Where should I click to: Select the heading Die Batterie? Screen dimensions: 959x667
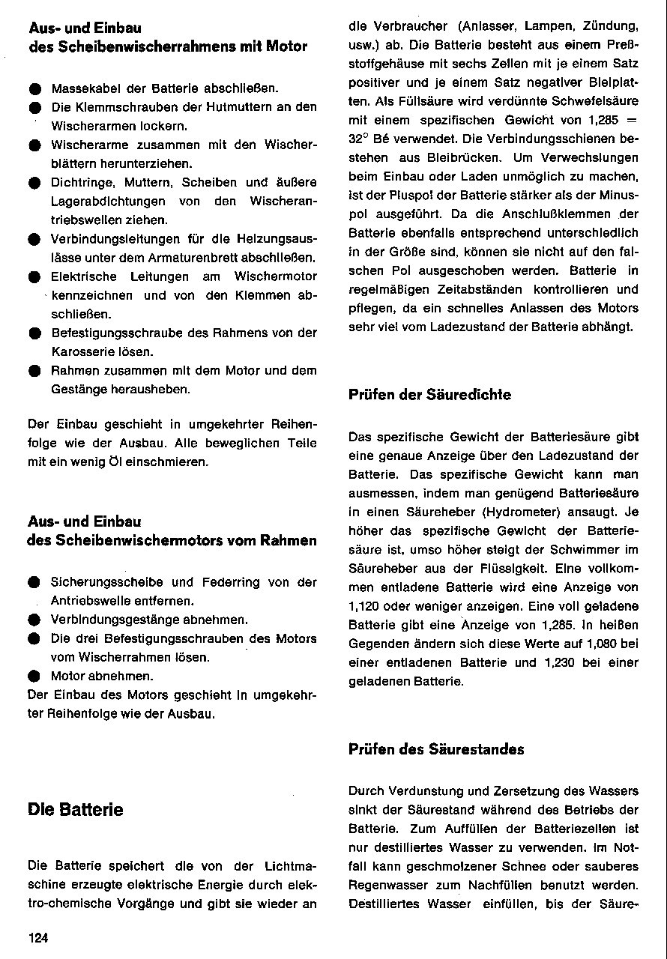(x=75, y=810)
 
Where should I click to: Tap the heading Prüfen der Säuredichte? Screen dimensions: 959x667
(x=430, y=395)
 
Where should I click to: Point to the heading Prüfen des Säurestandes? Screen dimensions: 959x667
(x=436, y=749)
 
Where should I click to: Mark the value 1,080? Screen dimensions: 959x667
(x=595, y=643)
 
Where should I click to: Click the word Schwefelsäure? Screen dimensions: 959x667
(x=594, y=100)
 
